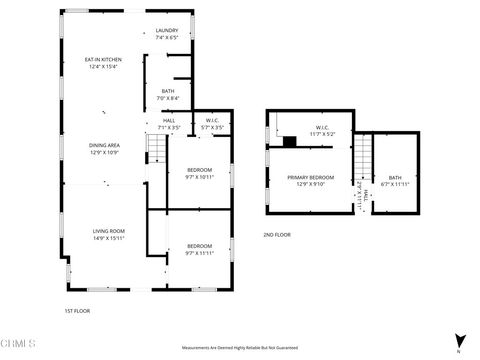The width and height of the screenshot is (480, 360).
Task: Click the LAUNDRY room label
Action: tap(167, 31)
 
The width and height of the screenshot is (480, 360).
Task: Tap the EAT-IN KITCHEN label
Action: tap(103, 60)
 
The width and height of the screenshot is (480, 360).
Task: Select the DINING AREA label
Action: tap(104, 146)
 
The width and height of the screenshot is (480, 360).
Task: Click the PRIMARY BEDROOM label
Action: tap(310, 177)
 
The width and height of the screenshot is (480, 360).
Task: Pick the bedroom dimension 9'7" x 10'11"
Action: tap(200, 177)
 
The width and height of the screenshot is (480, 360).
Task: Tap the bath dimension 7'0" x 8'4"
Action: tap(168, 98)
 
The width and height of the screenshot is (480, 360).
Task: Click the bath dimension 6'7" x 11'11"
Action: tap(395, 184)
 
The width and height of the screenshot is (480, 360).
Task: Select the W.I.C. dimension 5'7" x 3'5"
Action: tap(213, 127)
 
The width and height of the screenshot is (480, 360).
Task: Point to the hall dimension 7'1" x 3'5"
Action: tap(168, 127)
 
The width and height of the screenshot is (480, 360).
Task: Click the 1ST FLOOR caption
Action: tap(77, 311)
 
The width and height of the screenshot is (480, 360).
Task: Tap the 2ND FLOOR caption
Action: tap(277, 234)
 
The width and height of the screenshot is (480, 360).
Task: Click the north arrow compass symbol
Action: tap(459, 341)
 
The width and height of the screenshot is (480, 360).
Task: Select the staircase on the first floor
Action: tap(156, 151)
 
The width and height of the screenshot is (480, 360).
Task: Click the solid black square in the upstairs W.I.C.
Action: tap(289, 141)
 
